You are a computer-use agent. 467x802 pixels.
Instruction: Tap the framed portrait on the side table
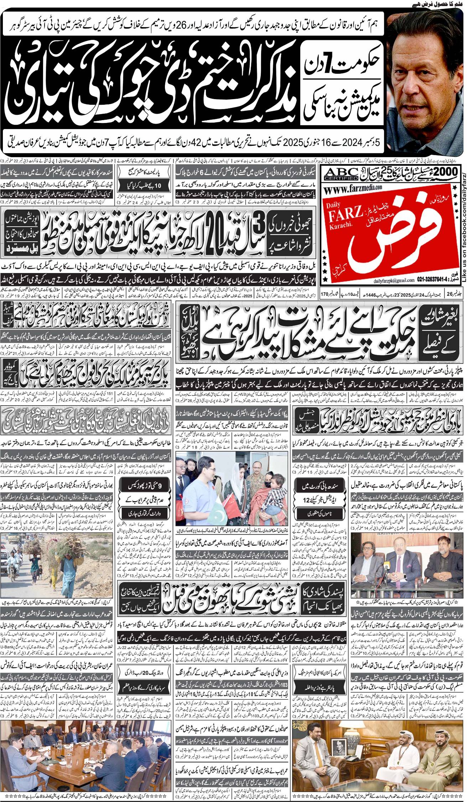(335, 745)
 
